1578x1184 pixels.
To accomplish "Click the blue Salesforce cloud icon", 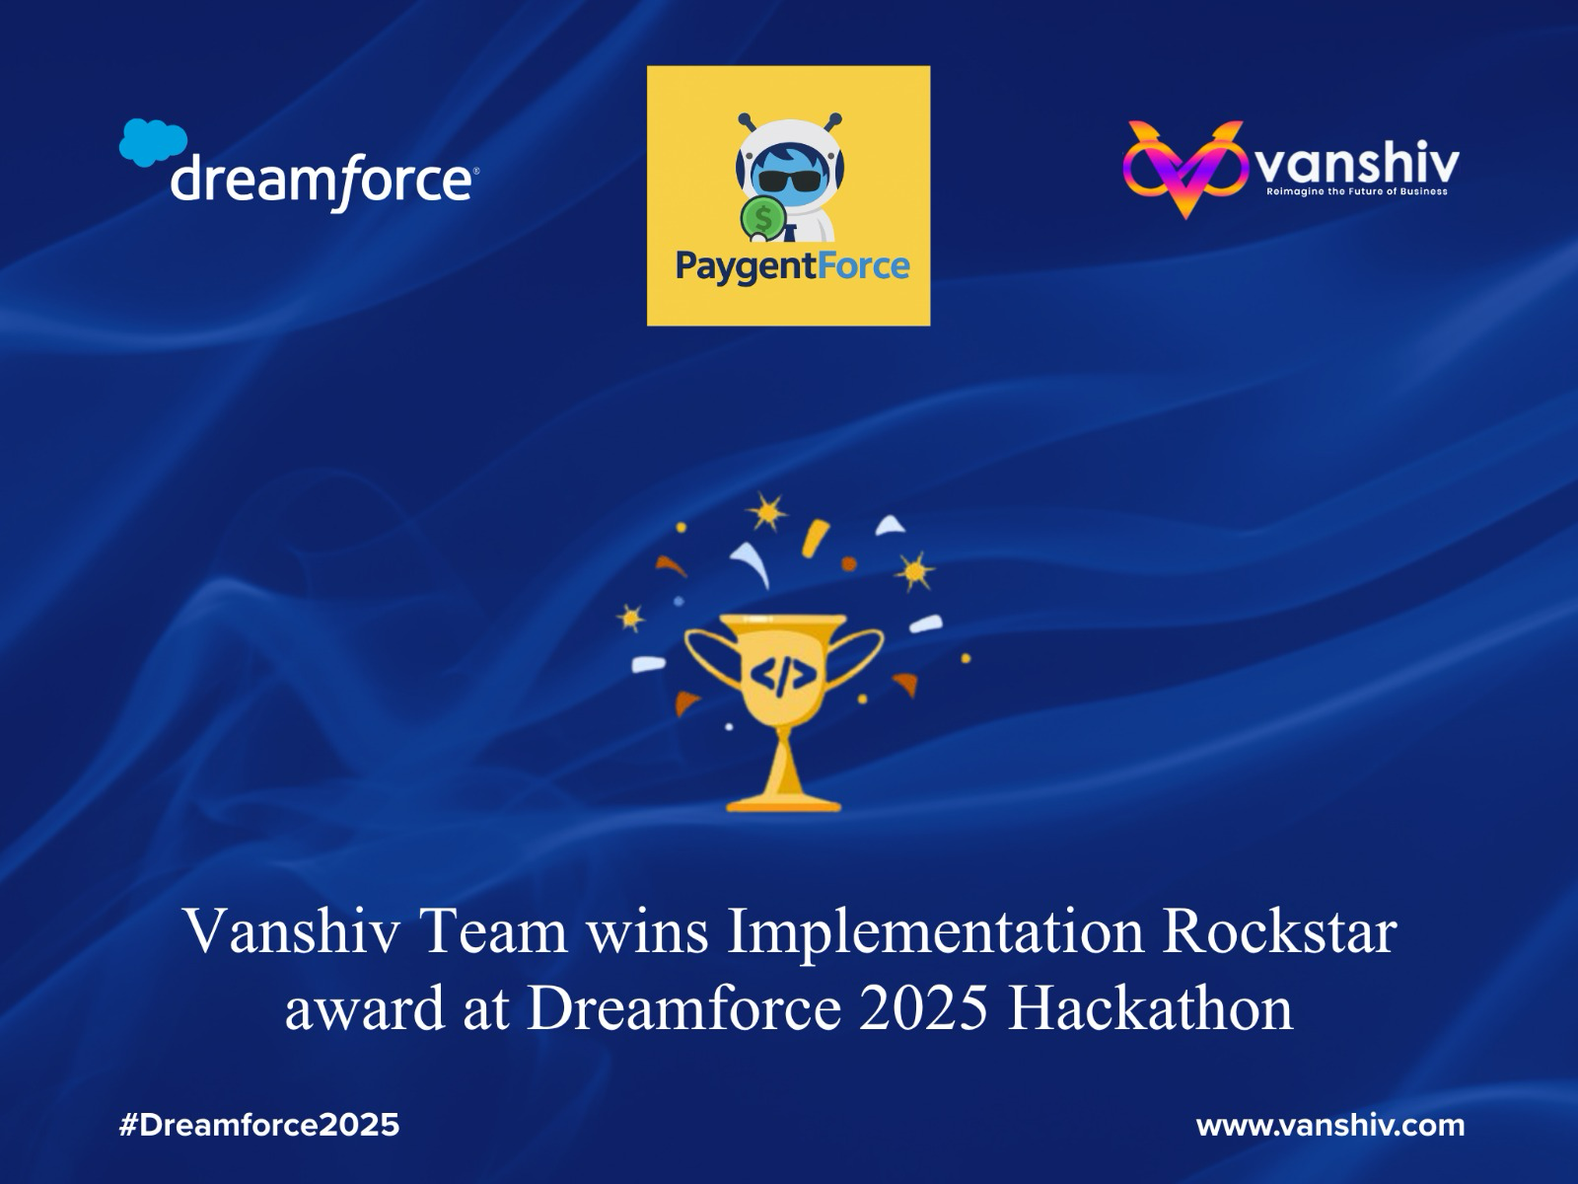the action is [153, 142].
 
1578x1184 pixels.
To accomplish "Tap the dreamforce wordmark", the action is [321, 183].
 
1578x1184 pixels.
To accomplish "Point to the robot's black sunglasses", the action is [789, 180].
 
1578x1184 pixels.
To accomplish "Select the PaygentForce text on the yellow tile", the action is [792, 267].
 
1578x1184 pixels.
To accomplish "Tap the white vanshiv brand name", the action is [1359, 164].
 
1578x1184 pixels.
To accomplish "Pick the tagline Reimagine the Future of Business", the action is [1356, 192].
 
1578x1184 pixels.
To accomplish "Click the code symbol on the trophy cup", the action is [783, 674].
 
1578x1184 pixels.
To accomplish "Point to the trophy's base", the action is [783, 803].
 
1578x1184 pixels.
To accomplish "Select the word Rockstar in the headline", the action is [1280, 931].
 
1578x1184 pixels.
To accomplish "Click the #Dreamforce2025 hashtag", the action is [258, 1125].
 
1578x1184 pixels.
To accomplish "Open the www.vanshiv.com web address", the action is [1330, 1125].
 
